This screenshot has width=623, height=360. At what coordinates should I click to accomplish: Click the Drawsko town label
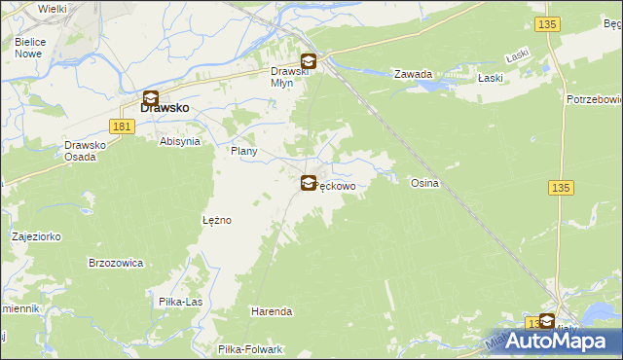coord(165,109)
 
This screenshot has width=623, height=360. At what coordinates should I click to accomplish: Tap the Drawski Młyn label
coord(289,77)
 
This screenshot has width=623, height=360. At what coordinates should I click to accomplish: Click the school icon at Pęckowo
coord(309,183)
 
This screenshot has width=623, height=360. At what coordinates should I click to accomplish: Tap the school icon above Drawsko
coord(151,97)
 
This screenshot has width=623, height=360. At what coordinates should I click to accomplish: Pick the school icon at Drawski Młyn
coord(308,60)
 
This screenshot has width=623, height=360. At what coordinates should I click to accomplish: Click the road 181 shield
coord(122,126)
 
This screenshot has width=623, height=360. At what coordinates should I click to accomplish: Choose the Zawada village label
coord(413,74)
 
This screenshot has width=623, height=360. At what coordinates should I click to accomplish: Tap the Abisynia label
coord(179,141)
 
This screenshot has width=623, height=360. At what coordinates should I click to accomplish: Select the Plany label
coord(242,152)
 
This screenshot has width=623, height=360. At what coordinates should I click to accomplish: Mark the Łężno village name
coord(216,220)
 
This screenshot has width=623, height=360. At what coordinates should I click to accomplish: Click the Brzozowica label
coord(116,263)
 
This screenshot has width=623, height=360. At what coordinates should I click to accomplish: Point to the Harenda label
coord(272,311)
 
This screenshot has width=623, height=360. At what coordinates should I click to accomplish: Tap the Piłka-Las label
coord(181,302)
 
